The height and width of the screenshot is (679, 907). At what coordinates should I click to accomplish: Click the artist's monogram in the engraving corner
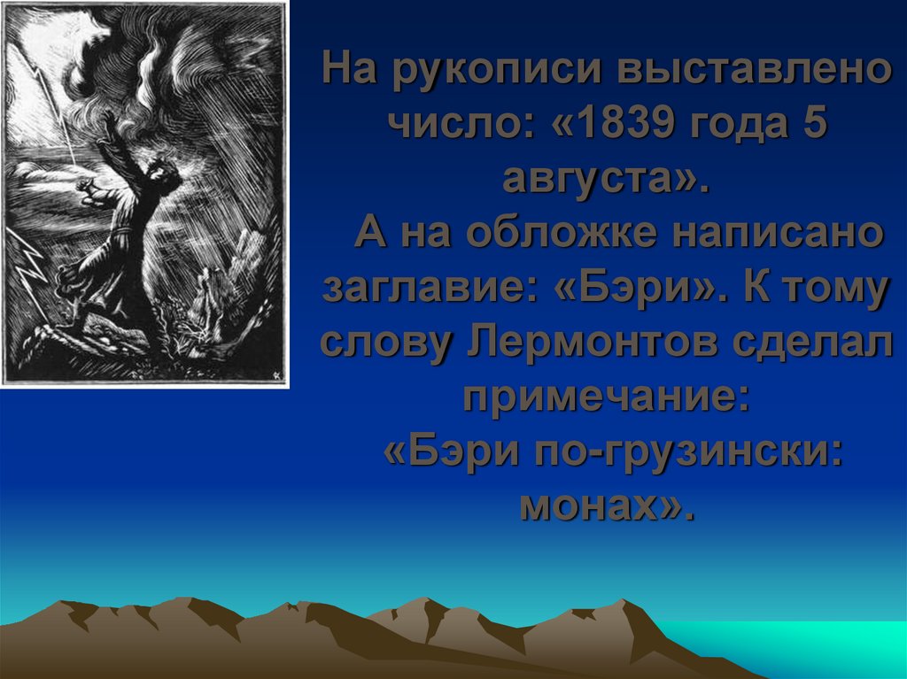(x=276, y=373)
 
